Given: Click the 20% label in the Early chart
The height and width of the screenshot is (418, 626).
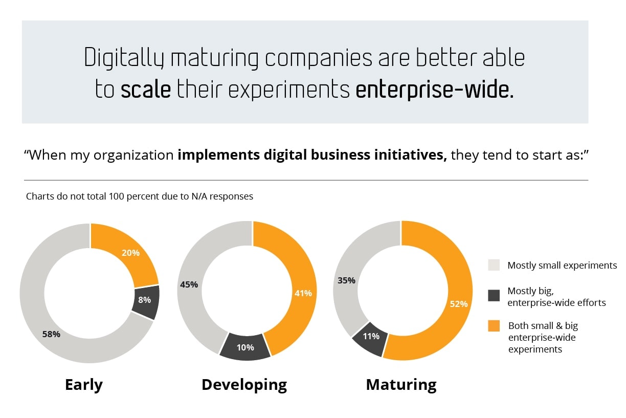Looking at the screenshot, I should (x=131, y=252).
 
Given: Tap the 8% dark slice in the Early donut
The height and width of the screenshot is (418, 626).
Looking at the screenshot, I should (x=145, y=300).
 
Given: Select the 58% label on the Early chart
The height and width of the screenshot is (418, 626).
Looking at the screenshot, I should (x=51, y=334).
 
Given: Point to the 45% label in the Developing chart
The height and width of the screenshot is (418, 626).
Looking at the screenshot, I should (x=189, y=284).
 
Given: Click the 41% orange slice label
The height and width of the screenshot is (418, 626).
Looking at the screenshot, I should (x=303, y=293).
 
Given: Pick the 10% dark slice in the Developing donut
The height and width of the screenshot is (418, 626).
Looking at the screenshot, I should (x=245, y=347).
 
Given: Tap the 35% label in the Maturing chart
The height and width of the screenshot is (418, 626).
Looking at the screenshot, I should (x=346, y=280).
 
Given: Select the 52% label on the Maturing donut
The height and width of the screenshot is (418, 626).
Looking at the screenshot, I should (x=459, y=303).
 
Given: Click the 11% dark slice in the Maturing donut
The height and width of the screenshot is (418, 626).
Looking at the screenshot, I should (x=371, y=337).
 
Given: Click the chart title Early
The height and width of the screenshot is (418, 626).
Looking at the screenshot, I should (x=84, y=384).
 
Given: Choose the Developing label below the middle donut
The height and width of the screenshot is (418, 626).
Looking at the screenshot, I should (x=244, y=384).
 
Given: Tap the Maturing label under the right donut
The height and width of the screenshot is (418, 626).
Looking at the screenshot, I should (x=401, y=384).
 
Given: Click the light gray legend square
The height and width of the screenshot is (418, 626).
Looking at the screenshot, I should (x=494, y=265).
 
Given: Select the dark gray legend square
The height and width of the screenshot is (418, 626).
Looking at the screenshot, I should (x=494, y=296).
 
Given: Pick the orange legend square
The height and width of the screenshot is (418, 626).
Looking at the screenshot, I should (x=494, y=326).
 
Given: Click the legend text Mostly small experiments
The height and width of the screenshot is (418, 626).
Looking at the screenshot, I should (x=562, y=266).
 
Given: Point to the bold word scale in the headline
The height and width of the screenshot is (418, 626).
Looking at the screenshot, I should (x=146, y=89).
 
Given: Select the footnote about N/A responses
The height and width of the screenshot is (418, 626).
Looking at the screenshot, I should (x=140, y=196).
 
